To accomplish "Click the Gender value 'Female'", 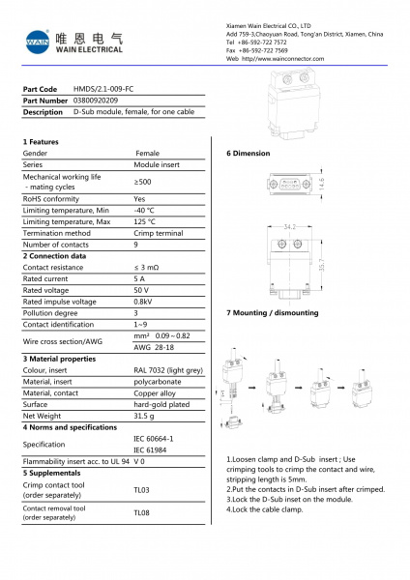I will [x=147, y=153].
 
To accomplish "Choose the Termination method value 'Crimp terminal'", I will [x=157, y=233].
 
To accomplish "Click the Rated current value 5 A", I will [x=139, y=278].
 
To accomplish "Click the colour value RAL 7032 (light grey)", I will [x=167, y=369].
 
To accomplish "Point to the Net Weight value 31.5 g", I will [x=144, y=415].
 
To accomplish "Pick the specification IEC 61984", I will [x=151, y=449].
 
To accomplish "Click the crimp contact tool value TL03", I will [x=141, y=490].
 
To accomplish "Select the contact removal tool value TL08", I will [x=141, y=512].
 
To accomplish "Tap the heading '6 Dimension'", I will [x=249, y=154].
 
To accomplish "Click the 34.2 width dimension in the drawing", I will [x=289, y=227].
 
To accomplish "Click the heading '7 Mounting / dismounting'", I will [x=272, y=313].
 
